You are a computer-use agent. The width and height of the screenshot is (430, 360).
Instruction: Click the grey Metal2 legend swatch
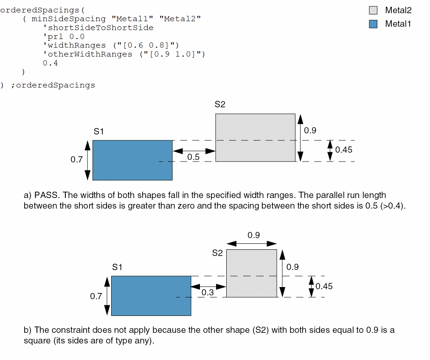373,10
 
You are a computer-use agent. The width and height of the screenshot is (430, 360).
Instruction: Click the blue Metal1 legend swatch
373,24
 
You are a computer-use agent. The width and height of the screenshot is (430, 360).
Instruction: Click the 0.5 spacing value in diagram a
193,157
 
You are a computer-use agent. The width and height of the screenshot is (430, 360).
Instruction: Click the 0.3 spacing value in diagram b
208,293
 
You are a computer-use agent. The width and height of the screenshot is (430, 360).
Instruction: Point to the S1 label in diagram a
99,131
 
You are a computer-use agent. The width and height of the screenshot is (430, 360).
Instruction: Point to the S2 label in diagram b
217,253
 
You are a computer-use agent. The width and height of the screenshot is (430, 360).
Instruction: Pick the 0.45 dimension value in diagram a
343,150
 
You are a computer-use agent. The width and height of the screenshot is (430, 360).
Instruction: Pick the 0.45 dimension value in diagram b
324,286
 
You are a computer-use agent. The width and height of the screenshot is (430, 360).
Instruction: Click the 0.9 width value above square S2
253,235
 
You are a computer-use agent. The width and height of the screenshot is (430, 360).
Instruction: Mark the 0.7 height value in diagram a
76,160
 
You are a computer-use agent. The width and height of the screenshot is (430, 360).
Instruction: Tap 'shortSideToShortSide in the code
98,28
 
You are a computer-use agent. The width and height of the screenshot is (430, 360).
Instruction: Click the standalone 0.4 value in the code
50,63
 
